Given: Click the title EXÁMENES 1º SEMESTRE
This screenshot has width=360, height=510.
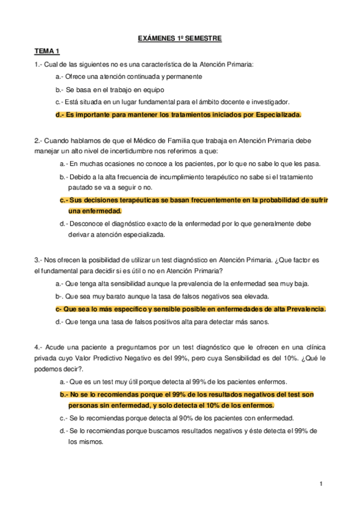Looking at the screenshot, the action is [x=180, y=38].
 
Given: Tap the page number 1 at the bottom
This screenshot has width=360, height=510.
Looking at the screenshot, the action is [x=322, y=483].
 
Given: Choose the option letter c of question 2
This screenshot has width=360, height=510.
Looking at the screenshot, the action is [x=63, y=199].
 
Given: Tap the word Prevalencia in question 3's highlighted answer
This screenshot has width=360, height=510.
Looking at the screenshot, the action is [x=301, y=309].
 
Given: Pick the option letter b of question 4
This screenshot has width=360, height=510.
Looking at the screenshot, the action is [x=63, y=394].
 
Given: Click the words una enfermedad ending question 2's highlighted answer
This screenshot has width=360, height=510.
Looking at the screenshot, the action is [x=95, y=210].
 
